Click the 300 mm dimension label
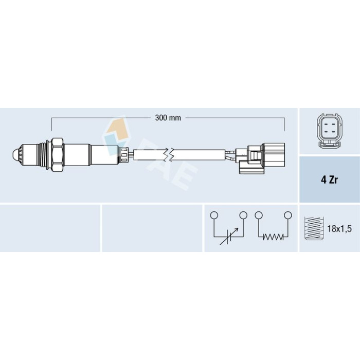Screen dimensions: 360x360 coord(168,118)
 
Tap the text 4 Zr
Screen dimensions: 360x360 coord(329,180)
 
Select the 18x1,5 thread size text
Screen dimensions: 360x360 coord(339,229)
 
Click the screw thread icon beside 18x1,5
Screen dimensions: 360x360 coord(314,228)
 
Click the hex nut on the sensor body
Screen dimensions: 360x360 coord(57,155)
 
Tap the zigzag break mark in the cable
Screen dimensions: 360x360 coord(169,155)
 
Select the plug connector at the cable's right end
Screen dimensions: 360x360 coord(262,158)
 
